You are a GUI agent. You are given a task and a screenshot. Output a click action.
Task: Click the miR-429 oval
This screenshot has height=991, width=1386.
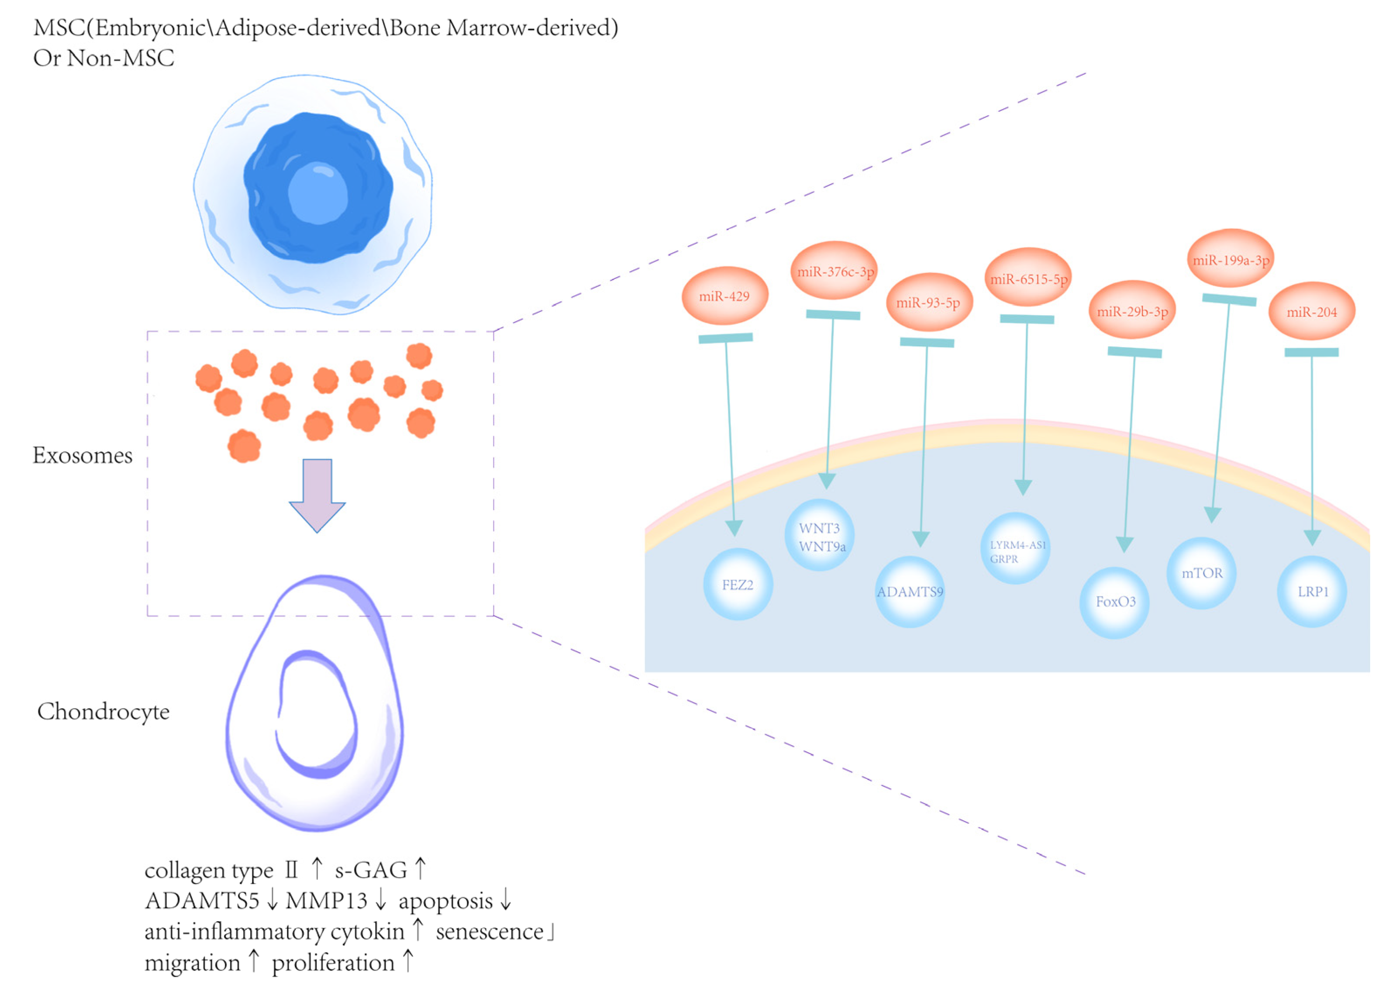[724, 296]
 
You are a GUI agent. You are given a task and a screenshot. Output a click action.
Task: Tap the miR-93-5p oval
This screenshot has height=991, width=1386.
[928, 303]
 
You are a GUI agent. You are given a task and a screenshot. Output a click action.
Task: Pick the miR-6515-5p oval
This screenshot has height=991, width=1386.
[1028, 278]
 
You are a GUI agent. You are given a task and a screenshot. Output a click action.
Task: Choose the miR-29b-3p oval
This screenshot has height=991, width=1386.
[1132, 310]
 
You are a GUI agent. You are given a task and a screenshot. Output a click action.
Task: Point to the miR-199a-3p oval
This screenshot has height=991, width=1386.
[1231, 259]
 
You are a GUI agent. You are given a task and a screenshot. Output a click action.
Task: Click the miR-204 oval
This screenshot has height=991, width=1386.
[1311, 311]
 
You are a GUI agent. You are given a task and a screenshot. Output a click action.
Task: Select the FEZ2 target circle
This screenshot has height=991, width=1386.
[738, 584]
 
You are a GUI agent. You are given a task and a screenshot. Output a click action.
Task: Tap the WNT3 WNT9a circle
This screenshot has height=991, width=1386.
[820, 536]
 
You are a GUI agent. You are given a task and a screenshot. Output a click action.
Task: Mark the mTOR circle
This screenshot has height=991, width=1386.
[1202, 573]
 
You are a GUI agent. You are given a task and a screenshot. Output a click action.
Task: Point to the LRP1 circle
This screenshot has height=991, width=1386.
[1312, 591]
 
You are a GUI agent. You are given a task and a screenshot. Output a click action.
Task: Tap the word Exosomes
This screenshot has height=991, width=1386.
[83, 455]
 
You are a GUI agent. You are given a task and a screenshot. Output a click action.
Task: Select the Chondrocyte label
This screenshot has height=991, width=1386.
[103, 712]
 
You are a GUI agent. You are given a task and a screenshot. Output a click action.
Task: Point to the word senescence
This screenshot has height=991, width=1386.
[490, 932]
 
